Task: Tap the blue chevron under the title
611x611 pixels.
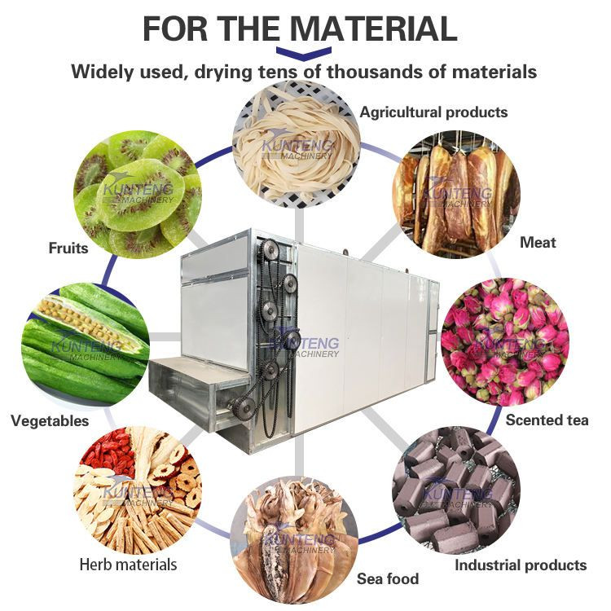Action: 303,54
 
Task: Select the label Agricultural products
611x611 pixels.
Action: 433,112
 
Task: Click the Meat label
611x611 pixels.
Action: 538,242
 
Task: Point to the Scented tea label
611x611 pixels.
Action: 547,420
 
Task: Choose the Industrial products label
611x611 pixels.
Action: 520,565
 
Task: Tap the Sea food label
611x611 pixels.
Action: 388,579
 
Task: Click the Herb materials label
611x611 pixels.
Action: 128,564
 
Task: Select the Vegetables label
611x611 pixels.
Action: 50,421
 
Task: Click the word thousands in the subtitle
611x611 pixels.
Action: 367,72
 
